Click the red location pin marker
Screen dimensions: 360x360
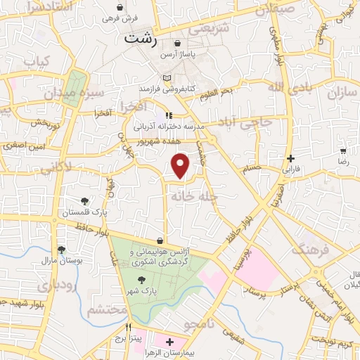(181, 165)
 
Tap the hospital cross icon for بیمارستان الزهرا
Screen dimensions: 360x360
(169, 342)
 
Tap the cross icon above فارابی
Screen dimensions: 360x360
(290, 158)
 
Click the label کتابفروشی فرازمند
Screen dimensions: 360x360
(166, 89)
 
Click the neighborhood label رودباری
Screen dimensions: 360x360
(33, 288)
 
